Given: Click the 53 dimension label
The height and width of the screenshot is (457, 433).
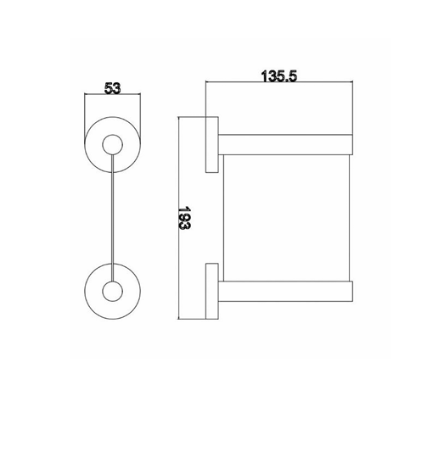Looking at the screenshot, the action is (112, 88).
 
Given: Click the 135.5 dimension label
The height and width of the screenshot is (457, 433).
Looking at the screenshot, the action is (279, 76).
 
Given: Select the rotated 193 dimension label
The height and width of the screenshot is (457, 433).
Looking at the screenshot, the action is (184, 218).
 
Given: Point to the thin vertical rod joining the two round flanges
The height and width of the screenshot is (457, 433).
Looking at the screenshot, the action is (112, 218).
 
